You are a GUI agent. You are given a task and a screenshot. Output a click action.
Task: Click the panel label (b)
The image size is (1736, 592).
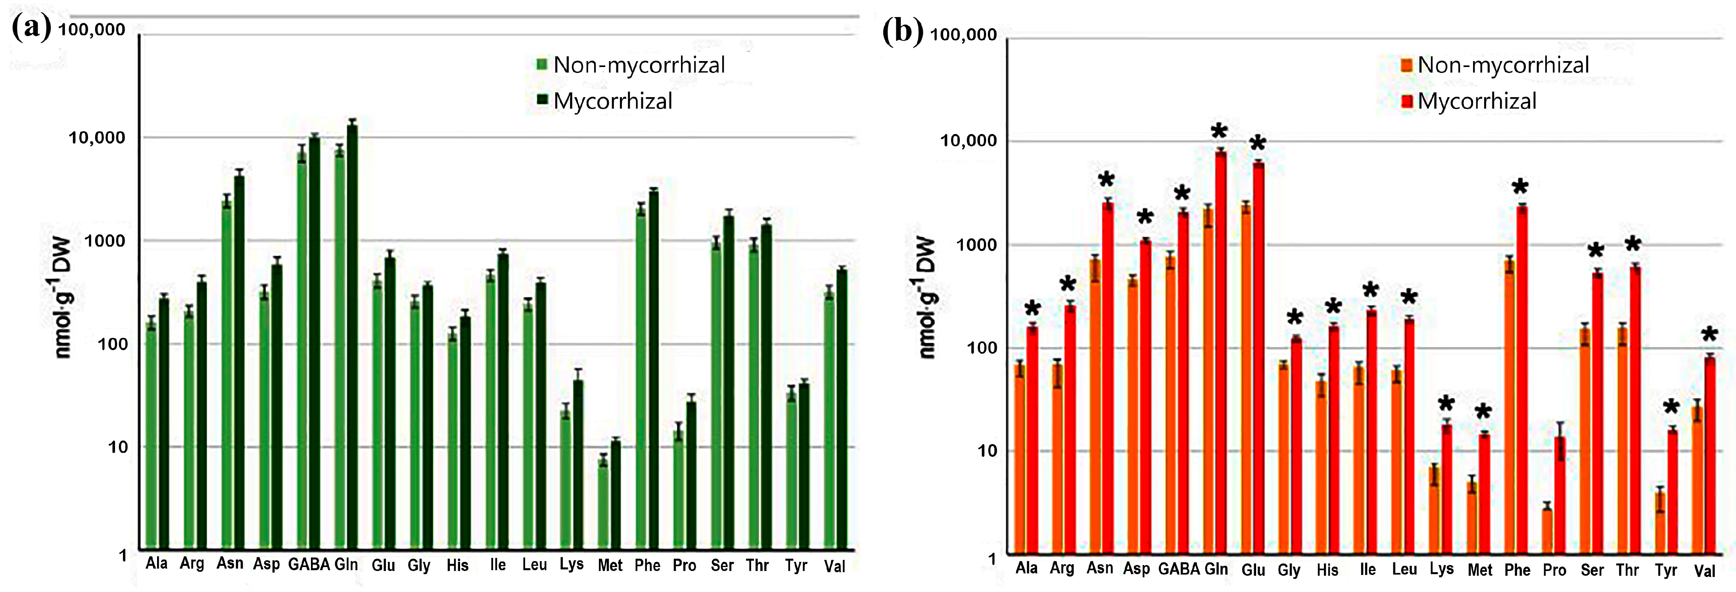(x=902, y=32)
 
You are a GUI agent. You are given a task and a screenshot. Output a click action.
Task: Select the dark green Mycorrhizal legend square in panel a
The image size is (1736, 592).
(x=542, y=100)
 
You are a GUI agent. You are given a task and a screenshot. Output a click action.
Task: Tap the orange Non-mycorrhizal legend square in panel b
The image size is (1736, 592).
(x=1406, y=65)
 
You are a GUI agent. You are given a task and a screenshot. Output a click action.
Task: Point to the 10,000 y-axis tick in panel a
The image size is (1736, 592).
(x=97, y=137)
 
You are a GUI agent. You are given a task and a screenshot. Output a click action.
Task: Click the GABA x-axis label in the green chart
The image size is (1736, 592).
(x=309, y=564)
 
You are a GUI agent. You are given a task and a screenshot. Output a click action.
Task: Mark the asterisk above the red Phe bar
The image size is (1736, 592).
(x=1520, y=187)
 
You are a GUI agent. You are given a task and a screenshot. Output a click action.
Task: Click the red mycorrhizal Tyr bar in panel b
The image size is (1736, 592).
(x=1673, y=492)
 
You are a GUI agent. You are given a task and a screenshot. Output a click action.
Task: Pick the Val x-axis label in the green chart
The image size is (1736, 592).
(x=834, y=566)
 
